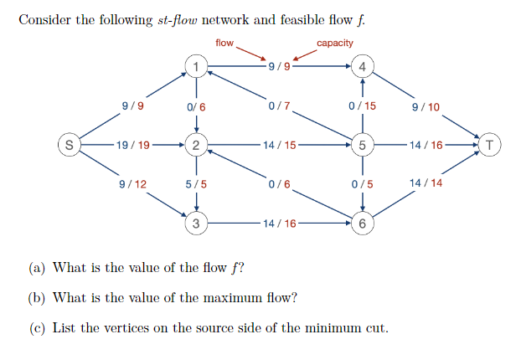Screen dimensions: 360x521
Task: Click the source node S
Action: pyautogui.click(x=69, y=145)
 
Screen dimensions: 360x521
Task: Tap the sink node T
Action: pyautogui.click(x=490, y=145)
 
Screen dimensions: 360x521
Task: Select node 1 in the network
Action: pyautogui.click(x=195, y=66)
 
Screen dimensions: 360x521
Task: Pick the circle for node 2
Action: pyautogui.click(x=195, y=145)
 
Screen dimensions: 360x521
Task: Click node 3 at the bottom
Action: pyautogui.click(x=195, y=224)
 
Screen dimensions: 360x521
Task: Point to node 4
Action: pyautogui.click(x=362, y=66)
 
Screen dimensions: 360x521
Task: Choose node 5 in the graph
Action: pyautogui.click(x=362, y=145)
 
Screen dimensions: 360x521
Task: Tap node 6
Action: pyautogui.click(x=362, y=224)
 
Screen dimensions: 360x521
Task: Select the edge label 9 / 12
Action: pyautogui.click(x=132, y=183)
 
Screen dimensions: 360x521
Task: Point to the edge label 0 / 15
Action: pyautogui.click(x=362, y=106)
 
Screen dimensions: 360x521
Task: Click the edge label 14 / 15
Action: pyautogui.click(x=279, y=145)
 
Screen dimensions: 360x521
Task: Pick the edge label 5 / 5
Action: pyautogui.click(x=195, y=184)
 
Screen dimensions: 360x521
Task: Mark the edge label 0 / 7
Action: pyautogui.click(x=279, y=106)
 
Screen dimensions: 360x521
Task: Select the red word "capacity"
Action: pyautogui.click(x=335, y=43)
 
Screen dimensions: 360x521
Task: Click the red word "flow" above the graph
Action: pyautogui.click(x=224, y=43)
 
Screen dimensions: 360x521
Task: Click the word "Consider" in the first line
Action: pyautogui.click(x=44, y=19)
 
